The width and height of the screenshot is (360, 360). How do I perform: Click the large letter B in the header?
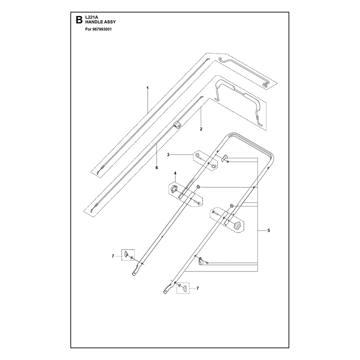coord(79,20)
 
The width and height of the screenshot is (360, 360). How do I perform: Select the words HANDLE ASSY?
coord(100,22)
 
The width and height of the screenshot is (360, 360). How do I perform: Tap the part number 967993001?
coord(102,29)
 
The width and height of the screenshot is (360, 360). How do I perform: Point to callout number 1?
coord(148,88)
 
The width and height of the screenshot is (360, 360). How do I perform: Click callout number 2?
coord(201,129)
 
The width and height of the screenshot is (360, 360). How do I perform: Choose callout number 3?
coord(168,155)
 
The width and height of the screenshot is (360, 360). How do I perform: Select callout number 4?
coord(175,173)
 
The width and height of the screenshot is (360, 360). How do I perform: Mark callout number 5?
coord(269,230)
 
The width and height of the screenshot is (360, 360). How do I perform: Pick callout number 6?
coord(157,167)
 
